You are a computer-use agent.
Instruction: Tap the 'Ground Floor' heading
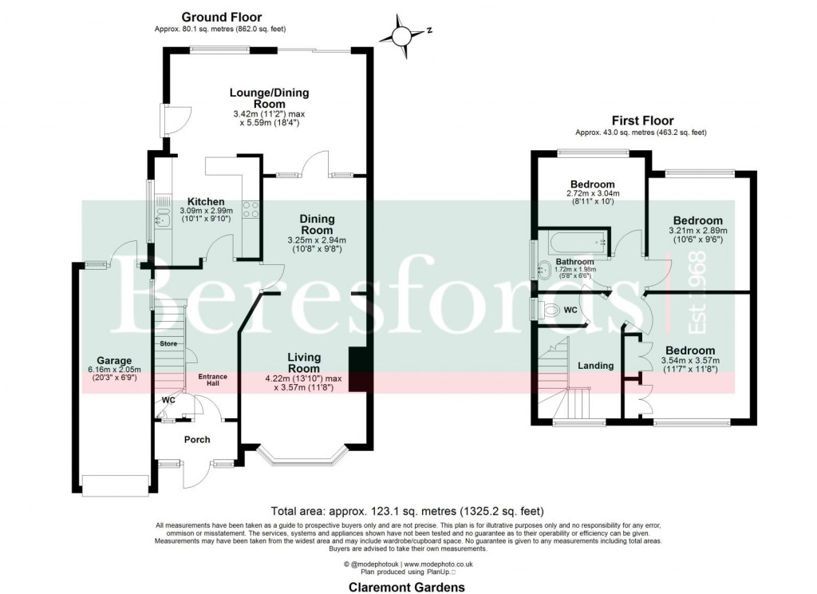point(221,17)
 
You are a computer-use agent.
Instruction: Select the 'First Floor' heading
point(642,121)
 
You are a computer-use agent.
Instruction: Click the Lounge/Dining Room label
point(269,98)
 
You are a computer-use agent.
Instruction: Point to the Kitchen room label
point(205,201)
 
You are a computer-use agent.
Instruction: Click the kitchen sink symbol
point(163,215)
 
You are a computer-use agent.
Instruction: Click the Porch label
point(197,439)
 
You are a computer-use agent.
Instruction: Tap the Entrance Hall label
point(213,379)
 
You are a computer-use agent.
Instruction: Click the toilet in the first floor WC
point(550,309)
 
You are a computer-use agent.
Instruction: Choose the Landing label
point(595,366)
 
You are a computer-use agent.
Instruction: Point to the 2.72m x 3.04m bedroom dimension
point(592,193)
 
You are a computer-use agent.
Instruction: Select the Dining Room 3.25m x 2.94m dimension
point(317,240)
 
